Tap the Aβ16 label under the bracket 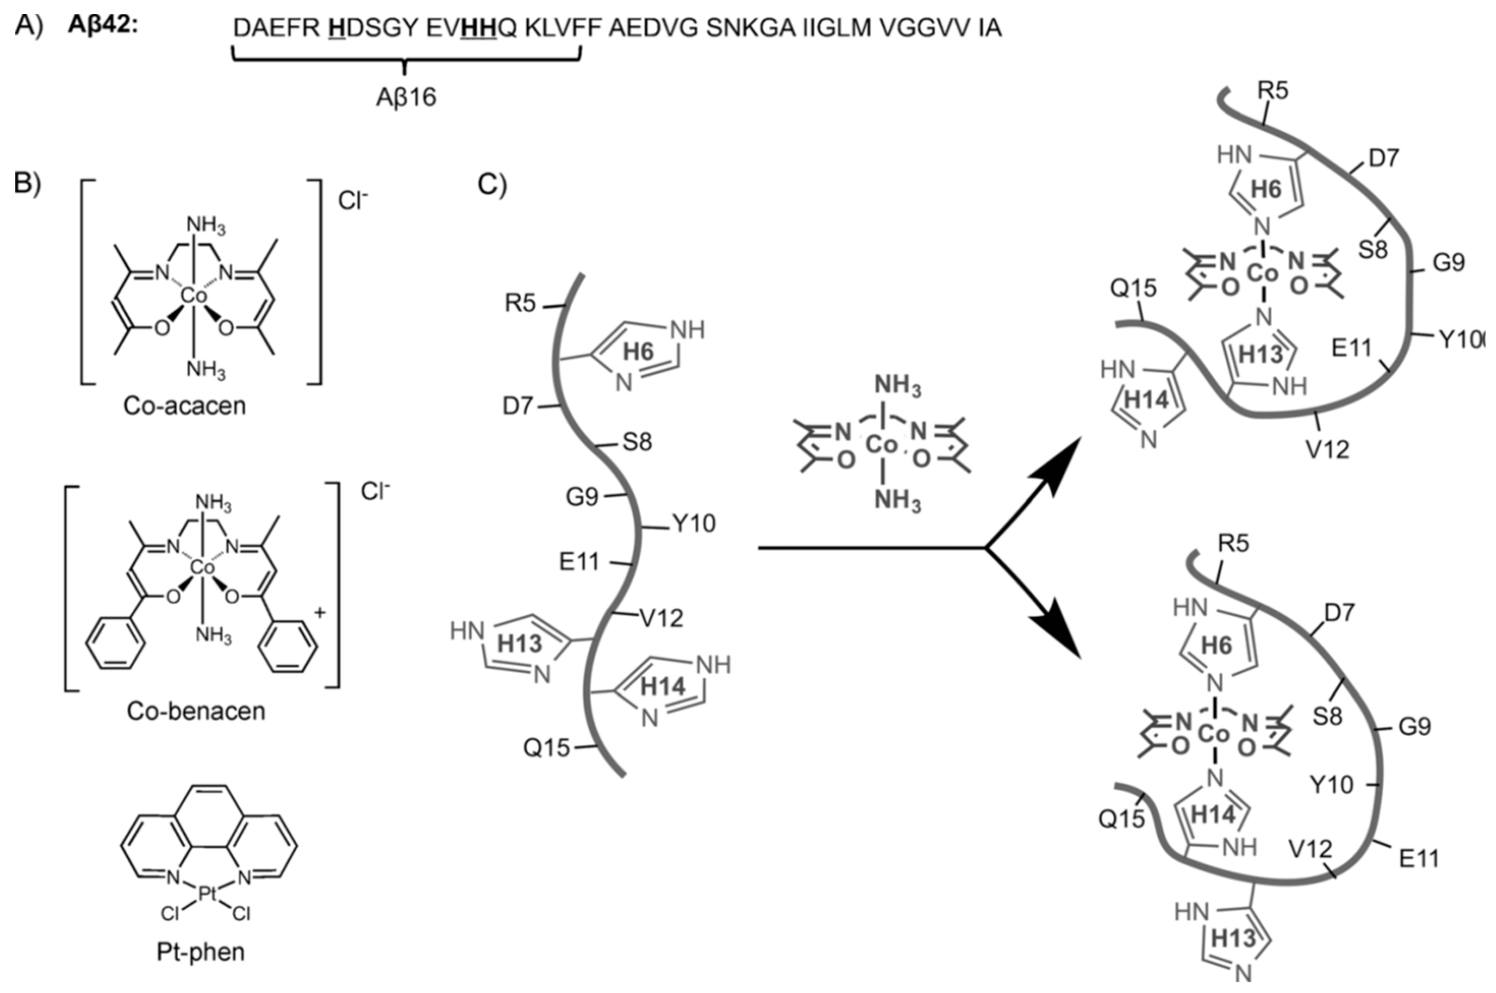click(406, 98)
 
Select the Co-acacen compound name click(184, 405)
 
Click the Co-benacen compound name click(196, 711)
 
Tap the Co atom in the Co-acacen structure click(194, 295)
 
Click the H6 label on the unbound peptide click(638, 352)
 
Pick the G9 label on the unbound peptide click(582, 497)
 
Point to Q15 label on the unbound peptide click(546, 748)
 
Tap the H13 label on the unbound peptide click(520, 644)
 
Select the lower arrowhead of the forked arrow click(1064, 640)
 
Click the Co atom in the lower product click(1214, 734)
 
